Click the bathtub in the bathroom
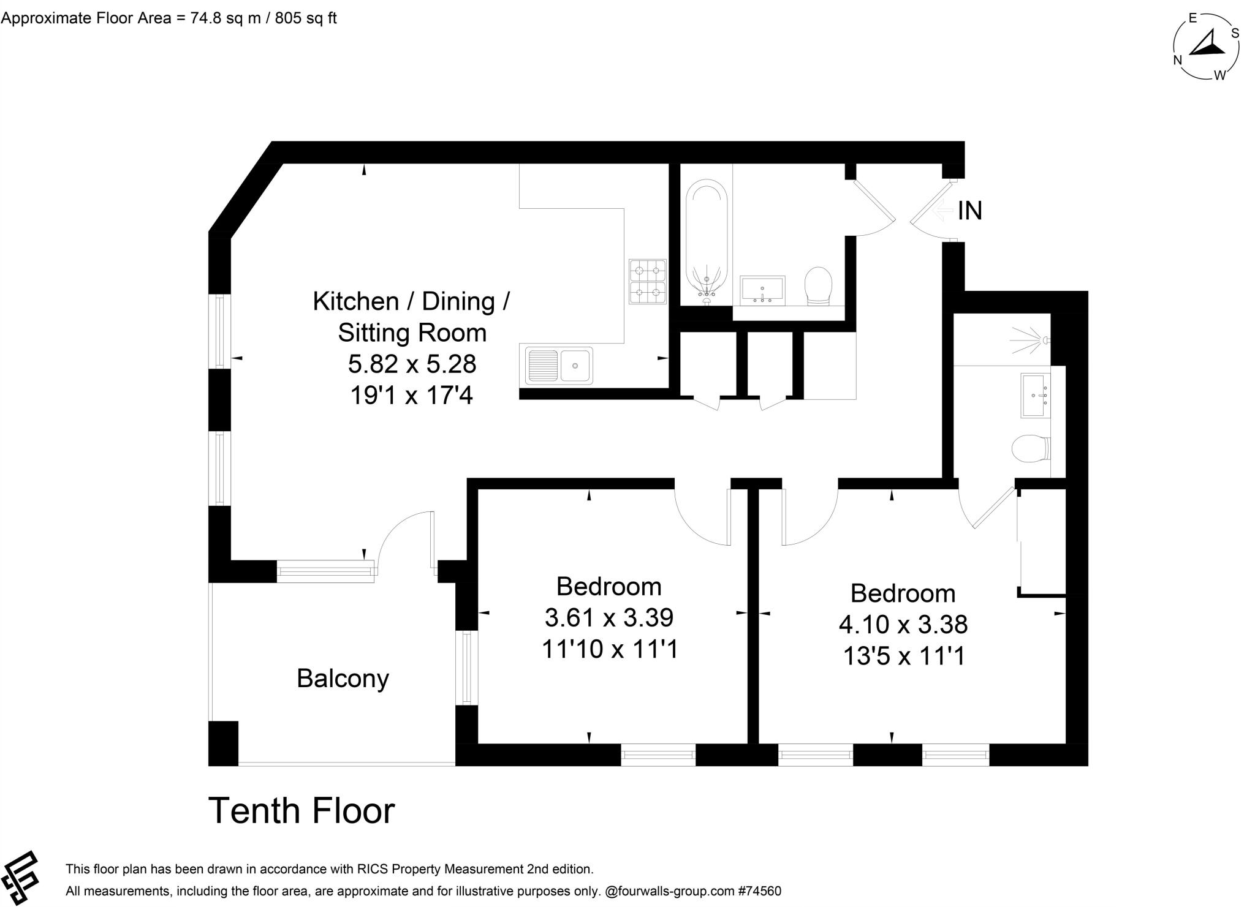point(706,242)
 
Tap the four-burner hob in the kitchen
point(648,281)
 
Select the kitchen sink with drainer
point(558,366)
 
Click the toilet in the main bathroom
point(818,285)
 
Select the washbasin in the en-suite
point(1036,396)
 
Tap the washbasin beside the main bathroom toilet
point(762,290)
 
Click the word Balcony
point(343,679)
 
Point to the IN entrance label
point(970,211)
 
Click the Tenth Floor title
point(301,811)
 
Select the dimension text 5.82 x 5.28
point(412,364)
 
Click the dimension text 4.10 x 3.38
point(903,625)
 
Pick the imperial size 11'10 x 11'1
point(610,649)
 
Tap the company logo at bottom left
point(20,878)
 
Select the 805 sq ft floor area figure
point(305,18)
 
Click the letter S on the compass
point(1235,33)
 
